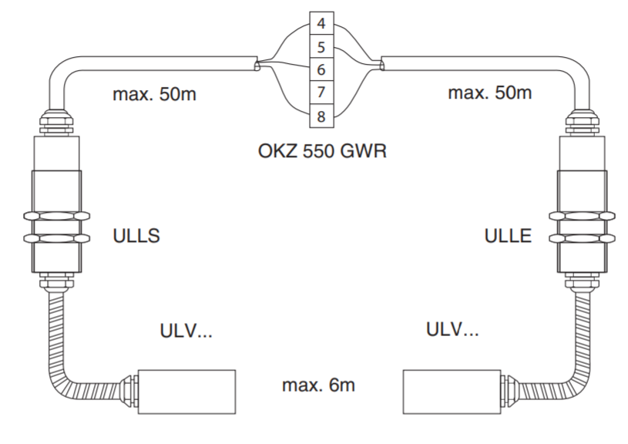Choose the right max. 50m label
point(489,93)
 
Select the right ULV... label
point(452,330)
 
